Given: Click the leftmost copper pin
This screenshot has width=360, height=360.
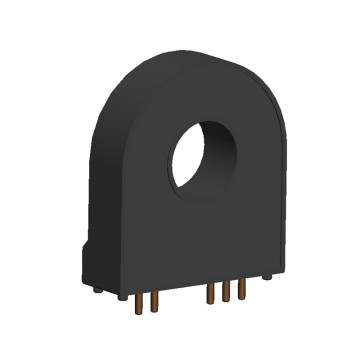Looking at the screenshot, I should (x=133, y=299).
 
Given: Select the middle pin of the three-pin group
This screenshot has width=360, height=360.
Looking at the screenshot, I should (x=226, y=295).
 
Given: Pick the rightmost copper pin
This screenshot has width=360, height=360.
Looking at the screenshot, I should (x=241, y=292).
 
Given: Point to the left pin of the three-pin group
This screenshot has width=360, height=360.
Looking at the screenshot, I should (x=210, y=297).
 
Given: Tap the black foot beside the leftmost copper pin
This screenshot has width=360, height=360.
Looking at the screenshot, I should (x=121, y=296).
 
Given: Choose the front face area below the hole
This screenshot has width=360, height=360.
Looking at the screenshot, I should (x=190, y=240).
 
